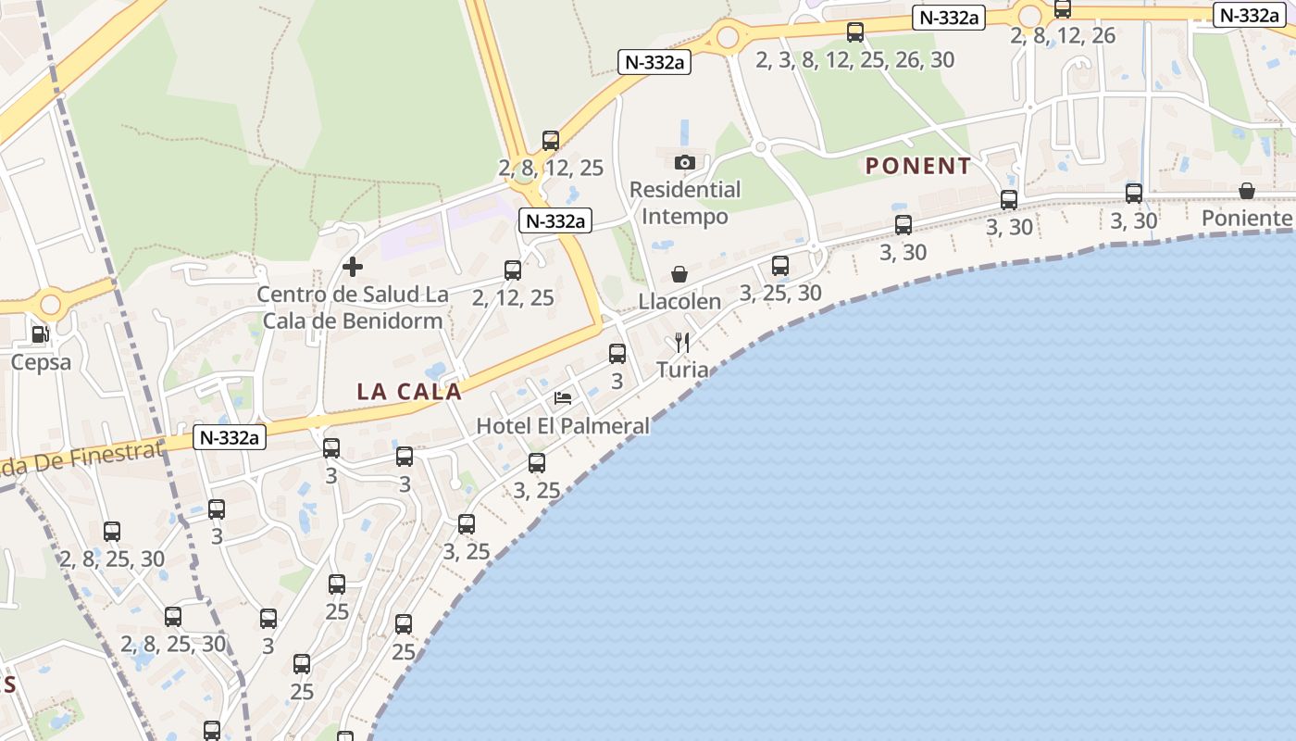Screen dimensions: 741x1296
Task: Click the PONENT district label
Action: click(x=917, y=167)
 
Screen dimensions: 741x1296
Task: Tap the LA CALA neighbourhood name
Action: click(x=409, y=392)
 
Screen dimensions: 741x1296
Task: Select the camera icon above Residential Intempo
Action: click(x=685, y=163)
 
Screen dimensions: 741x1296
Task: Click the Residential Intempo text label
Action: click(x=685, y=203)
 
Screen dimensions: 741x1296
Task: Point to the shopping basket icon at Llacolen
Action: click(x=679, y=274)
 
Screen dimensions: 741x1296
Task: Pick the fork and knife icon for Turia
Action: click(x=682, y=344)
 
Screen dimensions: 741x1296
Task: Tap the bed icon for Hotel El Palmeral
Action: click(x=563, y=398)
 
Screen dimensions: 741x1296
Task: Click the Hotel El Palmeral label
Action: click(x=563, y=426)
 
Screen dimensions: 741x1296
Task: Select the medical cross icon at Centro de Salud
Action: click(x=353, y=268)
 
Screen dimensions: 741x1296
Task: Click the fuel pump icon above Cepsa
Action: click(x=40, y=334)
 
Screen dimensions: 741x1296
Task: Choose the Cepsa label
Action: click(x=41, y=362)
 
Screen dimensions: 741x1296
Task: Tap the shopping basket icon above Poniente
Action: click(x=1247, y=191)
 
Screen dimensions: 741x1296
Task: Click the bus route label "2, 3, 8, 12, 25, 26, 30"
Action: click(x=854, y=60)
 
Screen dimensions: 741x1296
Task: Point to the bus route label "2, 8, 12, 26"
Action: click(x=1063, y=36)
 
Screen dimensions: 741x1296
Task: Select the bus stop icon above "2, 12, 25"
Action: click(x=513, y=270)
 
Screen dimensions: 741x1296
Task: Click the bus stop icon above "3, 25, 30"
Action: click(x=780, y=266)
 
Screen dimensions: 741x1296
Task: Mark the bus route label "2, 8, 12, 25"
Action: click(x=551, y=169)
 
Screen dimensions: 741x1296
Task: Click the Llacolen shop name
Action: click(x=679, y=302)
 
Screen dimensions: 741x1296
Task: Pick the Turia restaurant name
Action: click(x=682, y=370)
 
